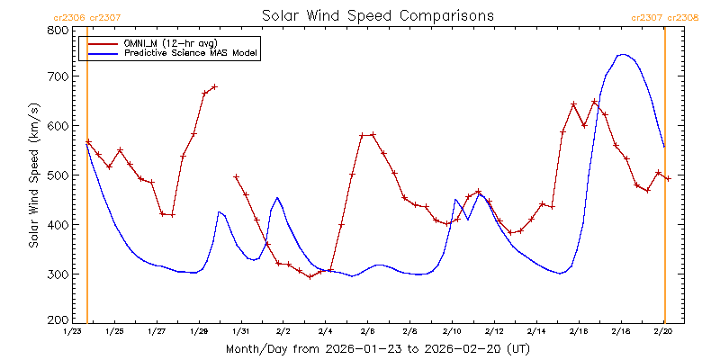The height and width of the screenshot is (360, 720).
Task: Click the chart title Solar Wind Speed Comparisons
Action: pos(378,16)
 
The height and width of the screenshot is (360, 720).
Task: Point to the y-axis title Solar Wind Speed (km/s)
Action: pos(33,175)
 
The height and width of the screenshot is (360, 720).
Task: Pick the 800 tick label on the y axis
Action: pos(58,30)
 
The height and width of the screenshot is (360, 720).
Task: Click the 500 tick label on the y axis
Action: pos(58,175)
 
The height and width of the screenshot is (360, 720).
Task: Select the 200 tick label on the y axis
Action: pos(58,320)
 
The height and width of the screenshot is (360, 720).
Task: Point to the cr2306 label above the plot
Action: pos(70,16)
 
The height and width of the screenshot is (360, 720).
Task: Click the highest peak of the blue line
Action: pos(621,54)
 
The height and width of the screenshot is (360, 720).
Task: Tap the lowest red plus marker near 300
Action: pos(310,276)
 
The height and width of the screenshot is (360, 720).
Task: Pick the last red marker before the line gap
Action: pos(214,86)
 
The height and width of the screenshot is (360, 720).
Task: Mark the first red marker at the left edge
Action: pos(88,141)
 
